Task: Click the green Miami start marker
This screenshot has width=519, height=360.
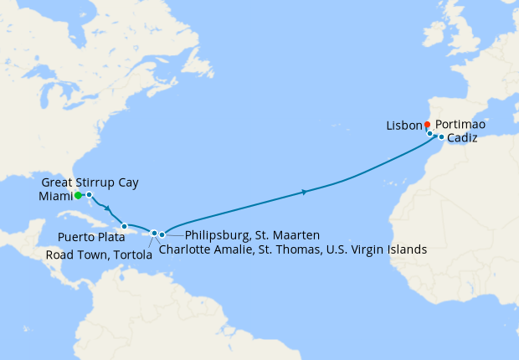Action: [x=78, y=196]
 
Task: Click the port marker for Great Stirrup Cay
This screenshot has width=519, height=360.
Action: [x=89, y=194]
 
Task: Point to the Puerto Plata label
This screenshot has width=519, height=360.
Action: [x=91, y=238]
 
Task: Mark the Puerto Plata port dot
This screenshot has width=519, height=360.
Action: [x=124, y=226]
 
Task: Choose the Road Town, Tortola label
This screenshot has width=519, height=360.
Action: [x=100, y=255]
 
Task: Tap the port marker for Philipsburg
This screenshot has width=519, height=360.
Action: [x=162, y=234]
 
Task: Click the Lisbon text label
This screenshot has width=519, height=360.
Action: [x=404, y=126]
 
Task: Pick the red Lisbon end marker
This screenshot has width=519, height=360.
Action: [x=427, y=125]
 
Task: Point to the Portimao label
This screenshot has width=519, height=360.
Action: [x=460, y=125]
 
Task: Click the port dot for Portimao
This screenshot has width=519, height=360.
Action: [x=430, y=133]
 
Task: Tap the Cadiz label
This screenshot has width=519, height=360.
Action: [x=462, y=139]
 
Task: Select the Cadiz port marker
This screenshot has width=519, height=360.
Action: [x=441, y=136]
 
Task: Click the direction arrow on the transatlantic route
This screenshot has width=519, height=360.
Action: [x=304, y=193]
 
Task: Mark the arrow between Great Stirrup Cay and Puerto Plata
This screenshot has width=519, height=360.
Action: [x=108, y=208]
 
